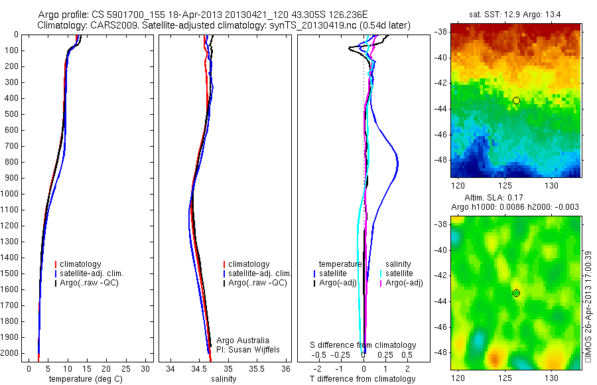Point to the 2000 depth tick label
coord(10,353)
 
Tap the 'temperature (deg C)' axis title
coord(84,379)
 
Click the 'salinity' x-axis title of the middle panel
coord(224,379)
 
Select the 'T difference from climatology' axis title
coord(362,379)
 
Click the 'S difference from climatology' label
coord(363,345)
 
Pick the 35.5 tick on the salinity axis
coord(257,368)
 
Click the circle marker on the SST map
coord(516,100)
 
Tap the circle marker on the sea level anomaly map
coord(516,293)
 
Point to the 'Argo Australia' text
coord(243,341)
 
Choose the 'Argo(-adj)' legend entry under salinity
coord(404,283)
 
